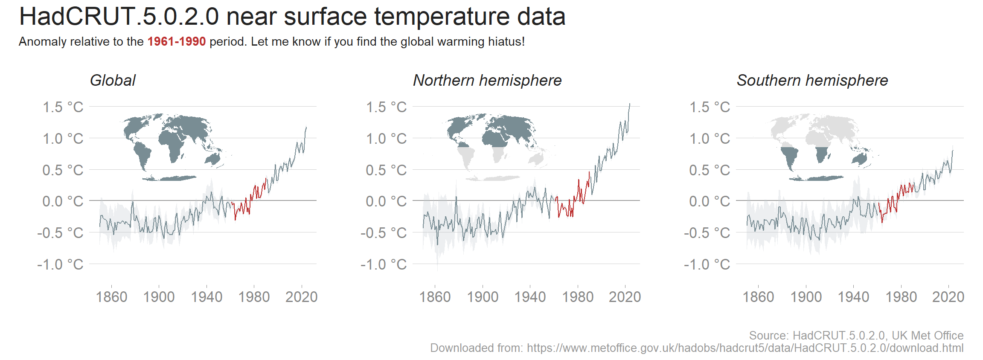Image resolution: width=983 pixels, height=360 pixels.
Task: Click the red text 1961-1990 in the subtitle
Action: point(176,42)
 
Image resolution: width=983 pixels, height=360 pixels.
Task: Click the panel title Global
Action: point(113,81)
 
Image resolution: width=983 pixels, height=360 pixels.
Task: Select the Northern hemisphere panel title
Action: point(487,81)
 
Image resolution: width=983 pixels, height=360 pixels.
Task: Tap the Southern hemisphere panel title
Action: point(812,81)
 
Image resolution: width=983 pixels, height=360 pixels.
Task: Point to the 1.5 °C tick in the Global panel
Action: point(63,107)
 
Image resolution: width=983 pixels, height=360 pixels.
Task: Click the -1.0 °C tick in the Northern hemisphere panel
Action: point(384,264)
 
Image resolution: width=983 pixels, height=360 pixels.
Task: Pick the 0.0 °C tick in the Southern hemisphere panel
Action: point(710,201)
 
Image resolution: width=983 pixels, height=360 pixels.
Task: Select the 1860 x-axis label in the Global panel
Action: point(111,297)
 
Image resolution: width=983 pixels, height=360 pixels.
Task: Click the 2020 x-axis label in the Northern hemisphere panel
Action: point(625,297)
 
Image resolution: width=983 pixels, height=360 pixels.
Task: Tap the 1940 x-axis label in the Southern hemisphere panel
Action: point(853,297)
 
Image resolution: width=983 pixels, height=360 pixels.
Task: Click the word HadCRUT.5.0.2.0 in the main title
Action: point(119,17)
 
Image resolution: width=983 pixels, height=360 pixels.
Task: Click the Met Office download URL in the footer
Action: point(745,348)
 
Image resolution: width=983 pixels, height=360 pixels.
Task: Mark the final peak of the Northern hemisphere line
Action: point(629,104)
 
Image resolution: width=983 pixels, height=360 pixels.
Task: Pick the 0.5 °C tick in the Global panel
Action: point(63,170)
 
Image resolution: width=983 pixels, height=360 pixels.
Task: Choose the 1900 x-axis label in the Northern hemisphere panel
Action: point(483,297)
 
